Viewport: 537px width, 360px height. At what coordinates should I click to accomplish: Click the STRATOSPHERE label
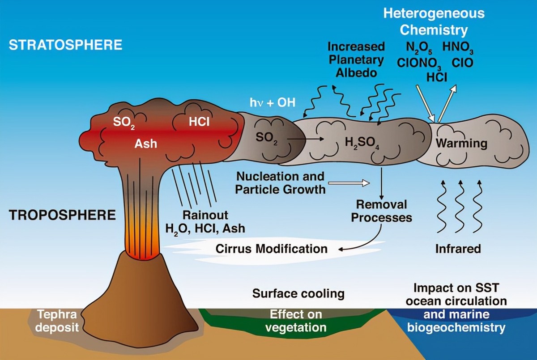point(65,45)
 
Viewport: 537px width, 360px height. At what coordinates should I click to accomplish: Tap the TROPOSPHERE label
point(62,215)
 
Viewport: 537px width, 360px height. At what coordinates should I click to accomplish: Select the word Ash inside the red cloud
point(146,144)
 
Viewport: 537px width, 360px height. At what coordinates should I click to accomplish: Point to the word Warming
point(461,143)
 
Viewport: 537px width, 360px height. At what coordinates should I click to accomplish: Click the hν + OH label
point(273,102)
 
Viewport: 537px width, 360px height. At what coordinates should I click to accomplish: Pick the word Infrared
point(458,248)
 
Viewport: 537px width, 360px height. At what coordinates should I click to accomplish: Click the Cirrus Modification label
point(271,249)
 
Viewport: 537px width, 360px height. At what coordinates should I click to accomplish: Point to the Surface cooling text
point(298,293)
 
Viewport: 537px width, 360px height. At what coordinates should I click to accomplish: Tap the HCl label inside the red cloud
point(199,121)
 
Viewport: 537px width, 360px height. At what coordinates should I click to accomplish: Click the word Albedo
point(356,72)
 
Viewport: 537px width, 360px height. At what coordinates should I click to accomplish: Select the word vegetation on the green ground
point(296,327)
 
